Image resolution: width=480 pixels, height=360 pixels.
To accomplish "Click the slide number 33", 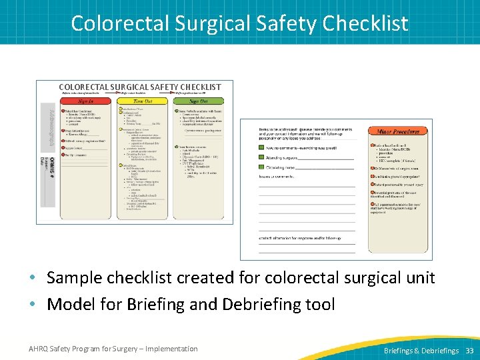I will (x=469, y=350).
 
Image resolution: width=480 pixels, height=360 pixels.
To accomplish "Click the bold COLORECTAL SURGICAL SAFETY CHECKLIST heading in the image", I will (x=139, y=87).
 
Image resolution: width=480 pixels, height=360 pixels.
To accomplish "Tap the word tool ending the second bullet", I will (x=321, y=304).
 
